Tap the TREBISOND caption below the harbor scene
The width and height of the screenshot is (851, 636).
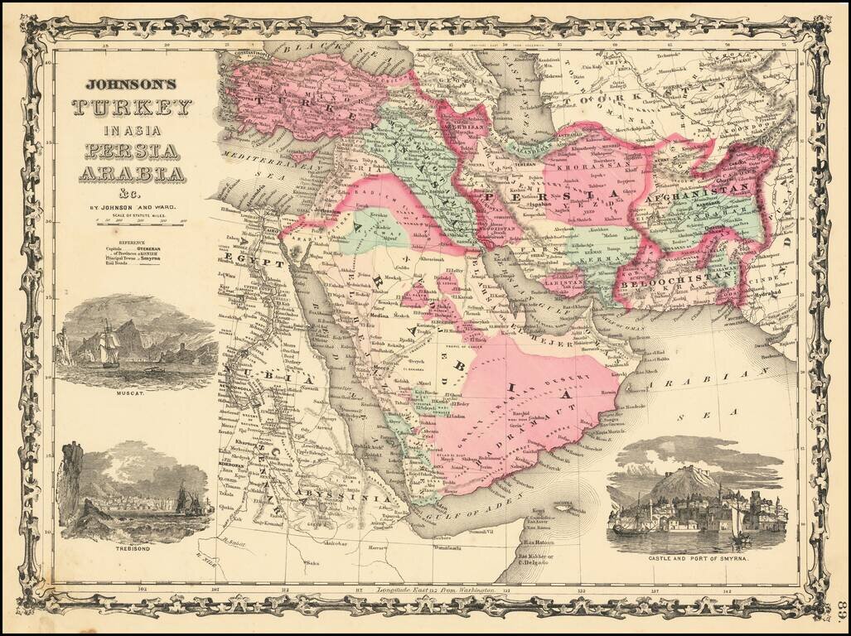pos(133,549)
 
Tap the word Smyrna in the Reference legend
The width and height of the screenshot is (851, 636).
pos(150,258)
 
